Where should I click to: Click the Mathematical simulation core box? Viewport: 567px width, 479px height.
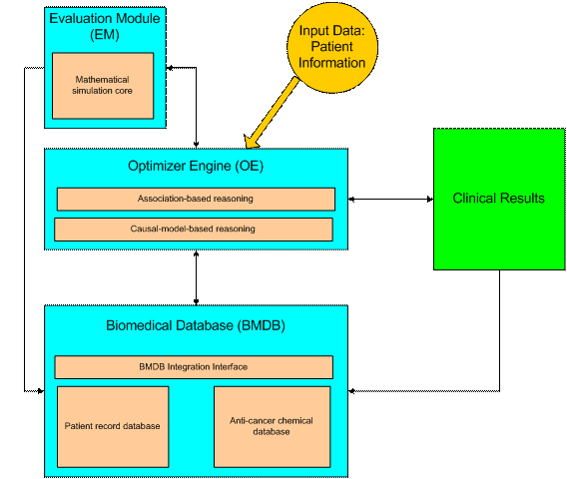click(x=103, y=86)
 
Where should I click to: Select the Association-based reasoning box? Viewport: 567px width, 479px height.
click(x=196, y=199)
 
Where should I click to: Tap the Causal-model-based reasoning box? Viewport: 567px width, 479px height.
click(x=194, y=230)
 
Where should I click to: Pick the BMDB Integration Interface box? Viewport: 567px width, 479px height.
click(x=194, y=367)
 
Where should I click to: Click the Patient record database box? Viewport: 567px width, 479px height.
click(x=113, y=426)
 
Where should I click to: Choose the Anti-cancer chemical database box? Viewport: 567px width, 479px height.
click(x=272, y=426)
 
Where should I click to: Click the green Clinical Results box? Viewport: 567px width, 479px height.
click(x=499, y=199)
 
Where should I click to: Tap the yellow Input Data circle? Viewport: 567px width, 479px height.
click(x=332, y=47)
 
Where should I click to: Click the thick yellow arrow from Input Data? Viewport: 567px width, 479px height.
click(x=272, y=113)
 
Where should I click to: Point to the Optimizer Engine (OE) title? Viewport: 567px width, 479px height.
click(x=196, y=166)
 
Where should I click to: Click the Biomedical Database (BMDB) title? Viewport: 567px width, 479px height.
click(x=196, y=325)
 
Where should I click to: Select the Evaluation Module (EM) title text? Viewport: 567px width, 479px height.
click(x=105, y=26)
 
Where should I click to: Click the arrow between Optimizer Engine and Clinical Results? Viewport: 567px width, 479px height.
click(x=391, y=199)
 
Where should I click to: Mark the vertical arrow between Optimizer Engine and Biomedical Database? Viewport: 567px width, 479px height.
click(x=196, y=277)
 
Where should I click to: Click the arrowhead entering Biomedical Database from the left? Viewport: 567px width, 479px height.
click(x=41, y=391)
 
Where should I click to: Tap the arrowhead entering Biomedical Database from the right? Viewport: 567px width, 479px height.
click(x=351, y=391)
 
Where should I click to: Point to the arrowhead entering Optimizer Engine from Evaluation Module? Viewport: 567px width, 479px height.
click(x=196, y=145)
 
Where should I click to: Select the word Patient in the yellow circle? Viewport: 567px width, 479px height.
click(x=332, y=46)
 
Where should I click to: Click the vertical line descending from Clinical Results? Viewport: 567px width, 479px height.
click(x=500, y=330)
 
